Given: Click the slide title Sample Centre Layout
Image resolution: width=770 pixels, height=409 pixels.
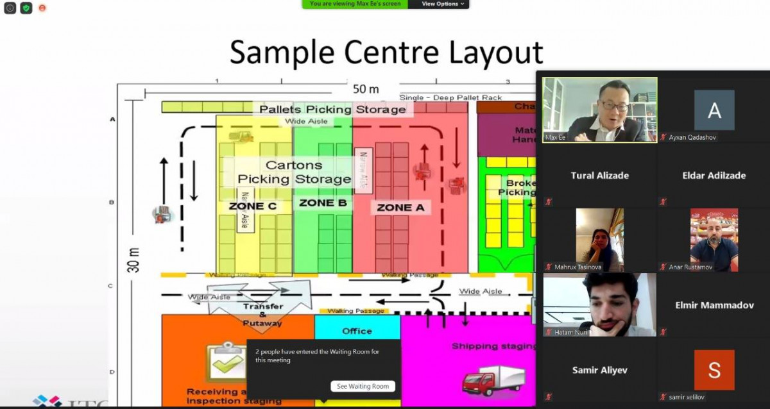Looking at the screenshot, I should coord(386,53).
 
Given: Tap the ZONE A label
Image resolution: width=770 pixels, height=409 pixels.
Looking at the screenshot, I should coord(400,208).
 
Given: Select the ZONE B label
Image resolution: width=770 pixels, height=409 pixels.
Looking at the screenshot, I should coord(323,203).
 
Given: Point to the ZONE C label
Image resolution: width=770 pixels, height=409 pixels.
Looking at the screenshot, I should coord(252,206).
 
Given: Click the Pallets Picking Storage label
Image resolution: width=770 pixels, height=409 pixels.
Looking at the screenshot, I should coord(332,110).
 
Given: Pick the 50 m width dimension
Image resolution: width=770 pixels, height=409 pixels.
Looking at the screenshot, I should coord(366,89).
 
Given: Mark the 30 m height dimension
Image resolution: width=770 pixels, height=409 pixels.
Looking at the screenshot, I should coord(134,260).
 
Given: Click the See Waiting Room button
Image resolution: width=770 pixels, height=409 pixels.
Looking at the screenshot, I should coord(363,386).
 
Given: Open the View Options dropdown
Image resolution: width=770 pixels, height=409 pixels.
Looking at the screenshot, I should coord(443,4).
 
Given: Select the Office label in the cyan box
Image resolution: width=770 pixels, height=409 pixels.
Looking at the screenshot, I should coord(357,331).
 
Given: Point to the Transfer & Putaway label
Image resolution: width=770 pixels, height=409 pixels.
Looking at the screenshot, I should coord(262,315).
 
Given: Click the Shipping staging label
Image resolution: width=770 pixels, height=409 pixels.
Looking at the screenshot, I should coord(493,346).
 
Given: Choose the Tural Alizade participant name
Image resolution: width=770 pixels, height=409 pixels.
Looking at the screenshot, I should coord(599,175).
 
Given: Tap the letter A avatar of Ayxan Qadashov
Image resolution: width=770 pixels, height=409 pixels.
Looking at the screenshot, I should coord(714,110).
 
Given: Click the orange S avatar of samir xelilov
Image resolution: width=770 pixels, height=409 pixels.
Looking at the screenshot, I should coord(714,370).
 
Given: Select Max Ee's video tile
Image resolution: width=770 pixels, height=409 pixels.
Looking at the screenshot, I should coord(599,109).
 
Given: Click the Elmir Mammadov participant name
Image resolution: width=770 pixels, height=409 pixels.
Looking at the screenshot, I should coord(714,305).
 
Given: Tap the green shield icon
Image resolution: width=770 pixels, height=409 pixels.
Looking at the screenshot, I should coord(26,8).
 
